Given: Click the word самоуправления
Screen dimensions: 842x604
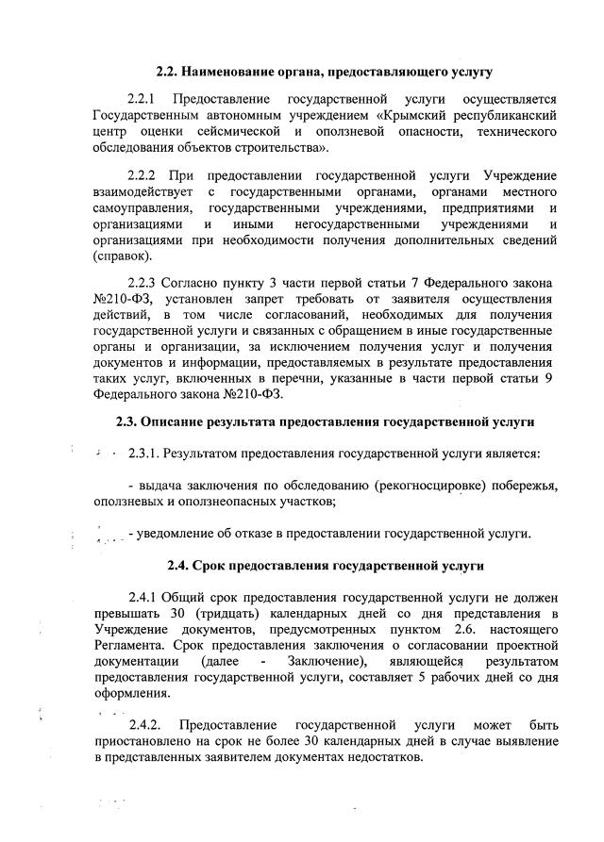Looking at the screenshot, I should [140, 207].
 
